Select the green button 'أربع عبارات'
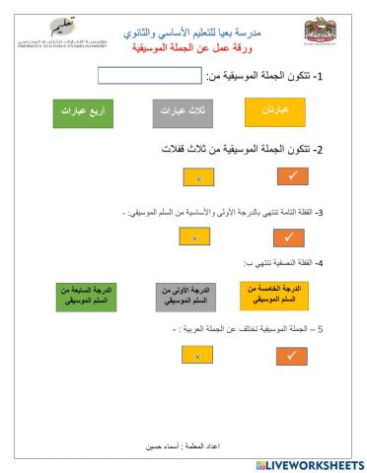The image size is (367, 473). (84, 113)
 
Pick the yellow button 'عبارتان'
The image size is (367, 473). (275, 113)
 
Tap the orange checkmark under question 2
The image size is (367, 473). (291, 177)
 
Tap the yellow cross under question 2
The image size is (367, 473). (198, 178)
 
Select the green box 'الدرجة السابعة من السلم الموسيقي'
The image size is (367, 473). (87, 296)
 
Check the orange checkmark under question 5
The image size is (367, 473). (292, 356)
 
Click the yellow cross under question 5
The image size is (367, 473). (198, 356)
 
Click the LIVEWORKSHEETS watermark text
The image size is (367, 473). (309, 464)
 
